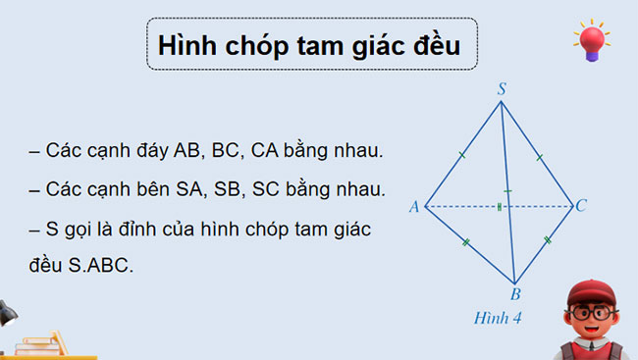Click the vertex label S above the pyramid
(502, 89)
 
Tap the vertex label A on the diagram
(414, 207)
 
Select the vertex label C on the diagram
(582, 205)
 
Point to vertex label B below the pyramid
(514, 293)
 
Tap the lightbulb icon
(592, 42)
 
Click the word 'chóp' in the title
(255, 45)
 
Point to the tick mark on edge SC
(539, 155)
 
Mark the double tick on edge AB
(466, 242)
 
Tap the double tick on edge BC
(547, 239)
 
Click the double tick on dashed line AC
(500, 207)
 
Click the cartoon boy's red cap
(590, 288)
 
